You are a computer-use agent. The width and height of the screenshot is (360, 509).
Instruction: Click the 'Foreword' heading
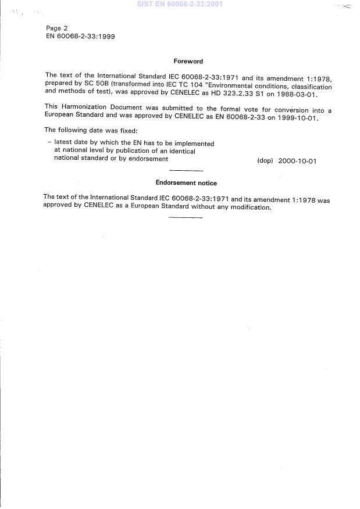pyautogui.click(x=188, y=61)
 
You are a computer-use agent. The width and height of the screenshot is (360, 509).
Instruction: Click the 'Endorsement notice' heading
pyautogui.click(x=186, y=183)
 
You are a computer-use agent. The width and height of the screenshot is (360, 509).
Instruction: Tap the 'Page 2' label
pyautogui.click(x=57, y=28)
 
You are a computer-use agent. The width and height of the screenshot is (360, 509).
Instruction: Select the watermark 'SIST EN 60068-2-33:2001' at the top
pyautogui.click(x=179, y=4)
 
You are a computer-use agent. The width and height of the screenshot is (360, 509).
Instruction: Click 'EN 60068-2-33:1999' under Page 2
pyautogui.click(x=80, y=35)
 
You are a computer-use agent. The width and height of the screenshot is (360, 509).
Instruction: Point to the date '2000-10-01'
pyautogui.click(x=297, y=162)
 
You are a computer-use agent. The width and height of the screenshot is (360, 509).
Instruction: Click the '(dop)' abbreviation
pyautogui.click(x=265, y=162)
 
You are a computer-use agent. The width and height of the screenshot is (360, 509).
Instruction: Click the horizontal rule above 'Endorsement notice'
pyautogui.click(x=186, y=171)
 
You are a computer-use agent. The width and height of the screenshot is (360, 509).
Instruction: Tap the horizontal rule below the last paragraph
pyautogui.click(x=186, y=217)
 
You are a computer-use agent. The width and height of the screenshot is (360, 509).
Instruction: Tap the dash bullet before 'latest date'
pyautogui.click(x=49, y=142)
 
